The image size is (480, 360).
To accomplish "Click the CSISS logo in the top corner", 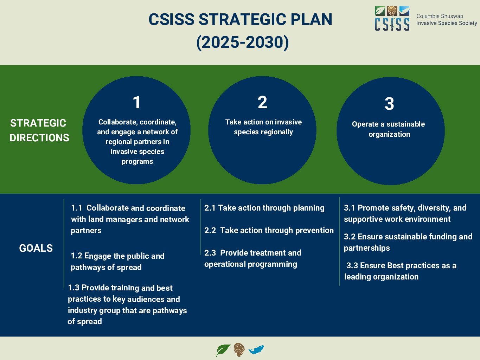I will click(x=392, y=19).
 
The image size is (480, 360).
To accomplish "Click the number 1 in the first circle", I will click(x=136, y=103).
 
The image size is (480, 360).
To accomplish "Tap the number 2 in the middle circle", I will click(x=262, y=103).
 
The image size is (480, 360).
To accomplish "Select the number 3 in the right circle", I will click(x=389, y=104).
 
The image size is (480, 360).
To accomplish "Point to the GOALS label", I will click(x=36, y=248).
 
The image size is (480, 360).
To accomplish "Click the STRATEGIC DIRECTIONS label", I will click(x=39, y=130).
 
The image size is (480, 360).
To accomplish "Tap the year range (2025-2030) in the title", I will click(x=242, y=42).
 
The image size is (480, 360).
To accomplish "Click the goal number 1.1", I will click(x=76, y=208).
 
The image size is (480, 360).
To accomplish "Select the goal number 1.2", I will click(x=76, y=256).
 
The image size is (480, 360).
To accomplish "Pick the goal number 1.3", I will click(x=73, y=288).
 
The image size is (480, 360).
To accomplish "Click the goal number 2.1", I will click(x=210, y=208).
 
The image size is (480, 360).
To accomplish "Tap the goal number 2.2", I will click(x=210, y=230).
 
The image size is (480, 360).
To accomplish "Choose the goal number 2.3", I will click(x=210, y=253).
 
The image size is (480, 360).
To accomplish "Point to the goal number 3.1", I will click(x=350, y=208).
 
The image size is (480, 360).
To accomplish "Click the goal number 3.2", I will click(x=350, y=237).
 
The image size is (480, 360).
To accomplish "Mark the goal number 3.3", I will click(x=352, y=265).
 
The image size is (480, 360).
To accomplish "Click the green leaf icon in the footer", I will click(x=223, y=350).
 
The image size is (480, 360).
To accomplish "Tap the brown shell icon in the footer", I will click(x=239, y=350).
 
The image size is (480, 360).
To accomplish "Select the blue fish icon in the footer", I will click(x=256, y=350).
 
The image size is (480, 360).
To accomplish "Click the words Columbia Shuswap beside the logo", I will click(x=440, y=16).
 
